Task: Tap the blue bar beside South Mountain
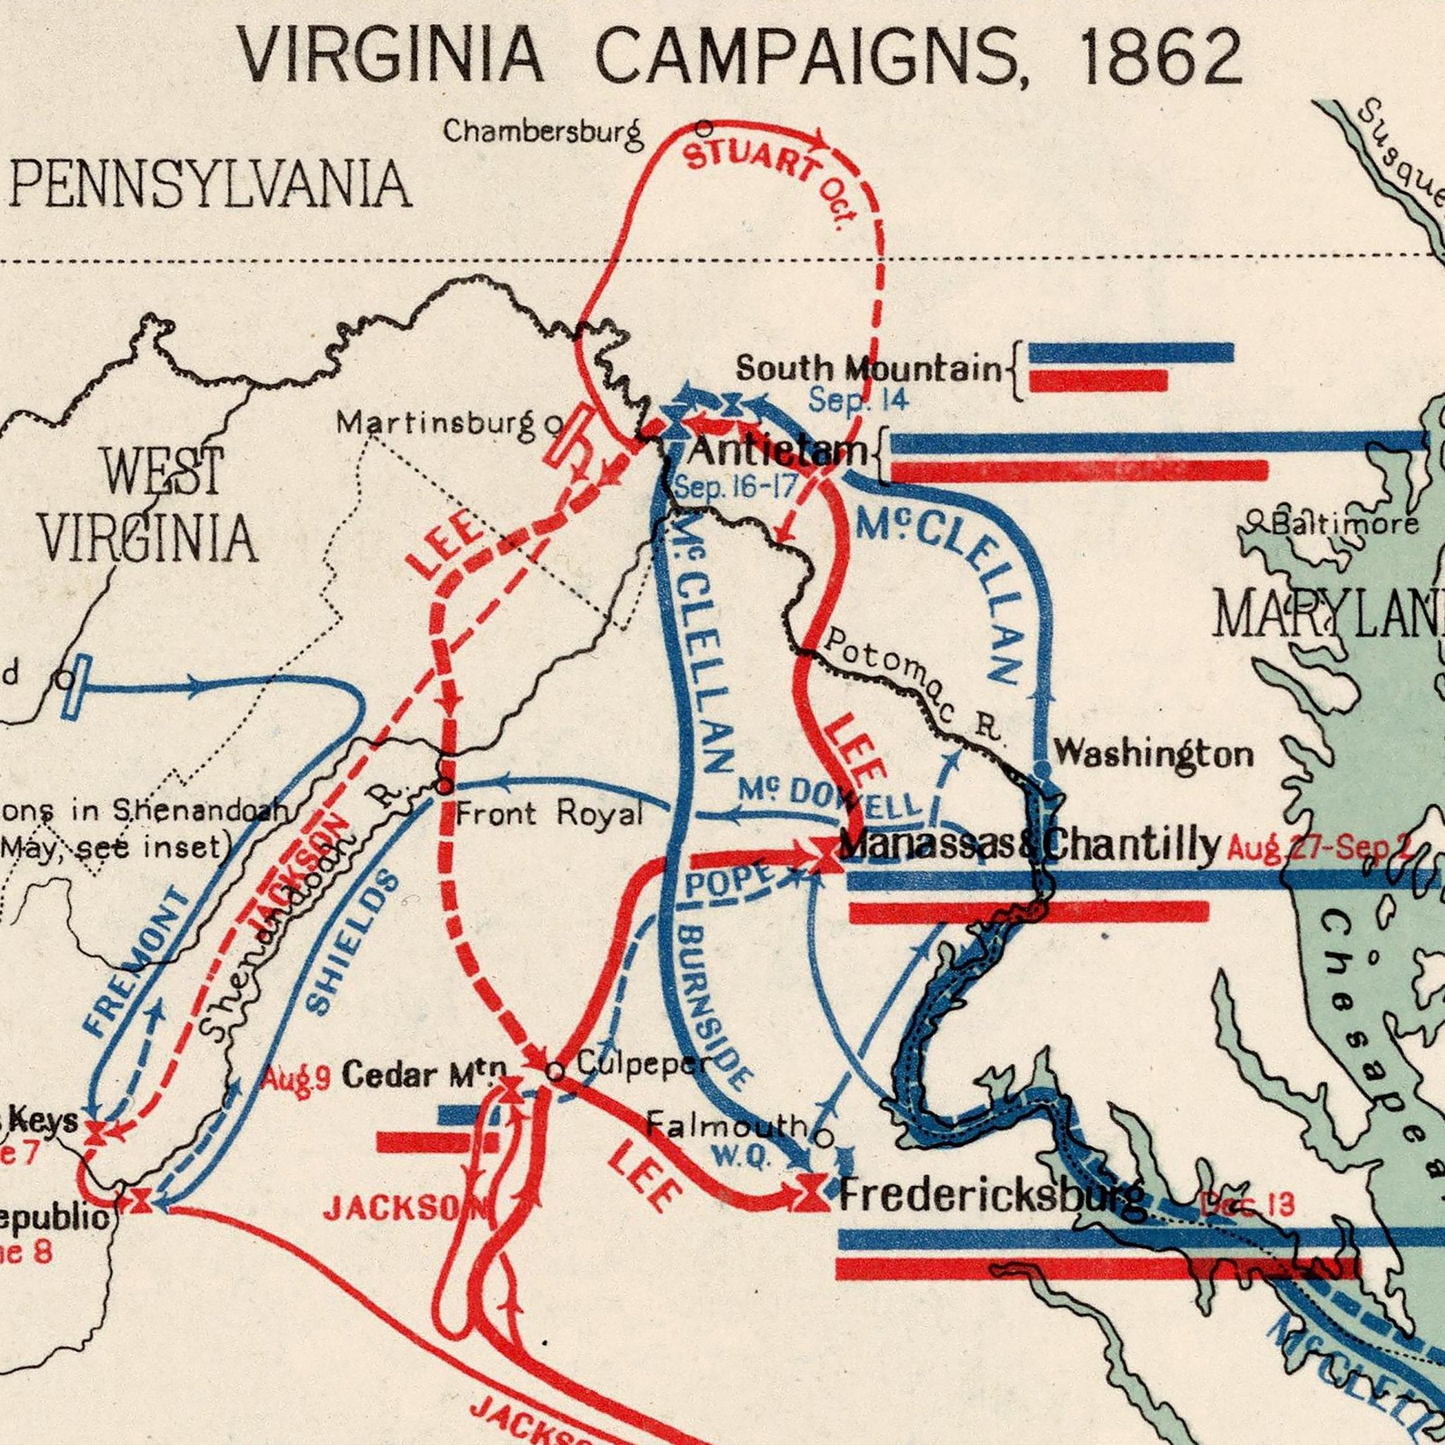pos(1132,352)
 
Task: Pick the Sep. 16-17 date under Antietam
pos(734,488)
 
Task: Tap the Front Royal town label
pos(550,814)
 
